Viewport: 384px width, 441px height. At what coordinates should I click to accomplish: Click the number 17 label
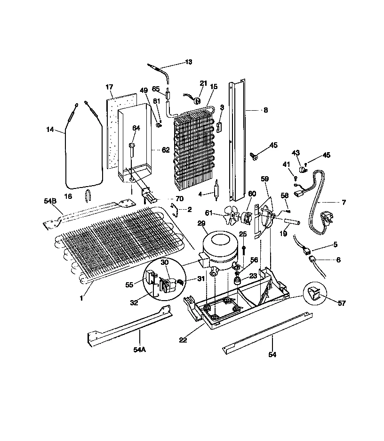pos(109,87)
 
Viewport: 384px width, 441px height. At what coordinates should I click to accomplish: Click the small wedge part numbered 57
pos(312,295)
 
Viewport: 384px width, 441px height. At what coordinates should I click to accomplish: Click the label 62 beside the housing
pos(166,151)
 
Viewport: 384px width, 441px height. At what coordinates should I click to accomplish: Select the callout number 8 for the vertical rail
pos(265,110)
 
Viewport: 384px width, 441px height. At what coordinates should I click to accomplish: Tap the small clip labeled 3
pos(219,127)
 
